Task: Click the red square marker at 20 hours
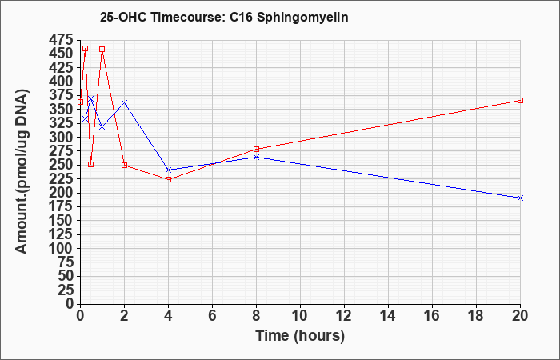pos(520,100)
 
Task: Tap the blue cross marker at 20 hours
pos(520,198)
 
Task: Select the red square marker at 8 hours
pos(257,150)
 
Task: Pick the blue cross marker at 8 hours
pos(257,157)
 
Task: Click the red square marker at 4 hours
pos(169,180)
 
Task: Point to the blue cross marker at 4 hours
pos(169,170)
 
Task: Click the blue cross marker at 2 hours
pos(124,102)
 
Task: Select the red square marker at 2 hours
pos(124,165)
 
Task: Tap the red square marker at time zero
pos(80,102)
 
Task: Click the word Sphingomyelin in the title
pos(302,17)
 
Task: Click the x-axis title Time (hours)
pos(300,336)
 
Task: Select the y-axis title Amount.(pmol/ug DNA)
pos(22,171)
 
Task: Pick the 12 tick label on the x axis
pos(344,315)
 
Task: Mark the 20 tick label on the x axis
pos(520,315)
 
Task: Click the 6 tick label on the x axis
pos(213,315)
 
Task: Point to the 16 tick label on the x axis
pos(432,315)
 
